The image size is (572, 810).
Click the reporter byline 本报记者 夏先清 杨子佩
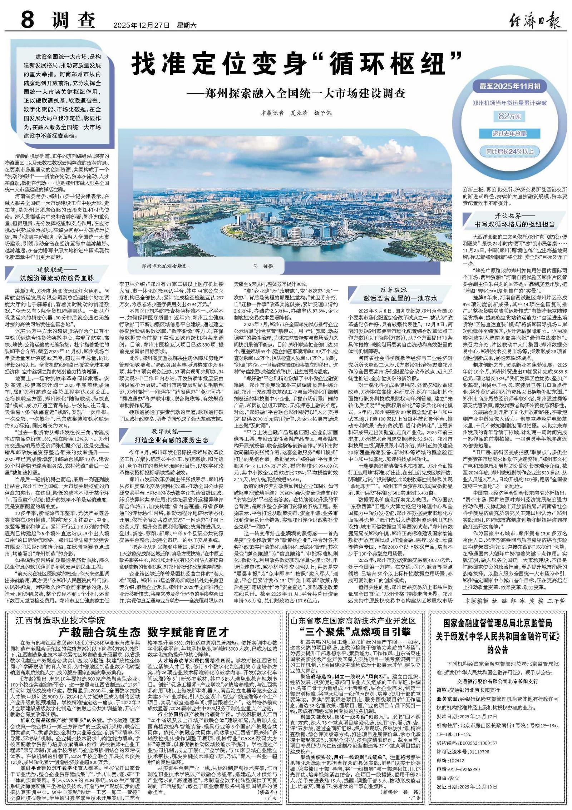pyautogui.click(x=296, y=113)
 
